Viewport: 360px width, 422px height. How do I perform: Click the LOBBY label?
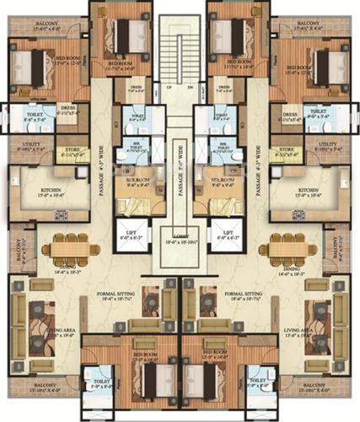click(x=180, y=240)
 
